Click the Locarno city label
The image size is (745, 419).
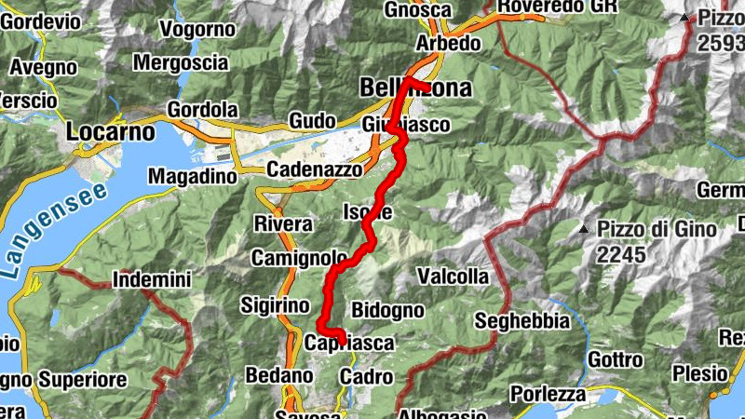click(110, 132)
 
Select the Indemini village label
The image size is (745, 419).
click(151, 278)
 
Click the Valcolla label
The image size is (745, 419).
click(453, 277)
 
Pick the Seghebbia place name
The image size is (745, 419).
click(521, 321)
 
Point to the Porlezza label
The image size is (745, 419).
click(548, 394)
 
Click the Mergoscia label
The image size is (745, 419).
click(181, 63)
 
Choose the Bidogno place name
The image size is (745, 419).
click(388, 310)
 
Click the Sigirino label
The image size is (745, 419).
click(275, 305)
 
